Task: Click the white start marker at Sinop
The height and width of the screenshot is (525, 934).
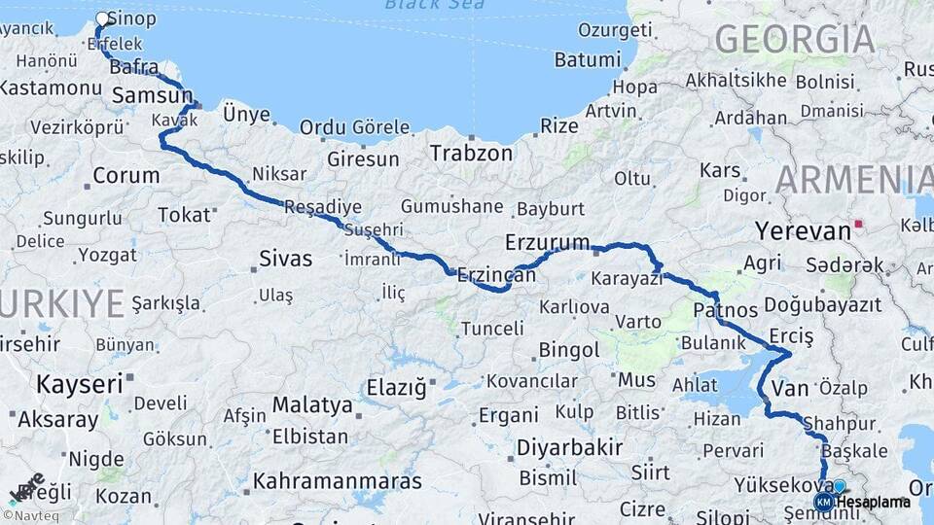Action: tap(102, 17)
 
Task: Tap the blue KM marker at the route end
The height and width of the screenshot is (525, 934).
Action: tap(823, 502)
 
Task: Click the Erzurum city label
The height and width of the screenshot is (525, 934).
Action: tap(547, 242)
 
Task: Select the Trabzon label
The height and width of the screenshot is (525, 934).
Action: tap(471, 154)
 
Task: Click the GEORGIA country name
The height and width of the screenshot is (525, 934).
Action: tap(794, 39)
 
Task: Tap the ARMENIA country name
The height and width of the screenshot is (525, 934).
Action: tap(854, 180)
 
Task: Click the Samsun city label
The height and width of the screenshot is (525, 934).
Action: tap(152, 95)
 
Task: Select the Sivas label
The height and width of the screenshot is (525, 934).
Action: tap(286, 259)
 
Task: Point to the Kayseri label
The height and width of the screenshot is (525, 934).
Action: tap(80, 383)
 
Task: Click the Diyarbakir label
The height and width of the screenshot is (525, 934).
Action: tap(569, 448)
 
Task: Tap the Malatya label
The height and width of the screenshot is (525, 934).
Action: tap(312, 404)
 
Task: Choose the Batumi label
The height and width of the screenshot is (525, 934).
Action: tap(587, 60)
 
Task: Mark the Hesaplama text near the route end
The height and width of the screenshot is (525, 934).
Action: tap(874, 503)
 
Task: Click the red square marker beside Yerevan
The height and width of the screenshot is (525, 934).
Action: tap(858, 224)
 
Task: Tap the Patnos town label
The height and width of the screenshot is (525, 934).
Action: tap(726, 310)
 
